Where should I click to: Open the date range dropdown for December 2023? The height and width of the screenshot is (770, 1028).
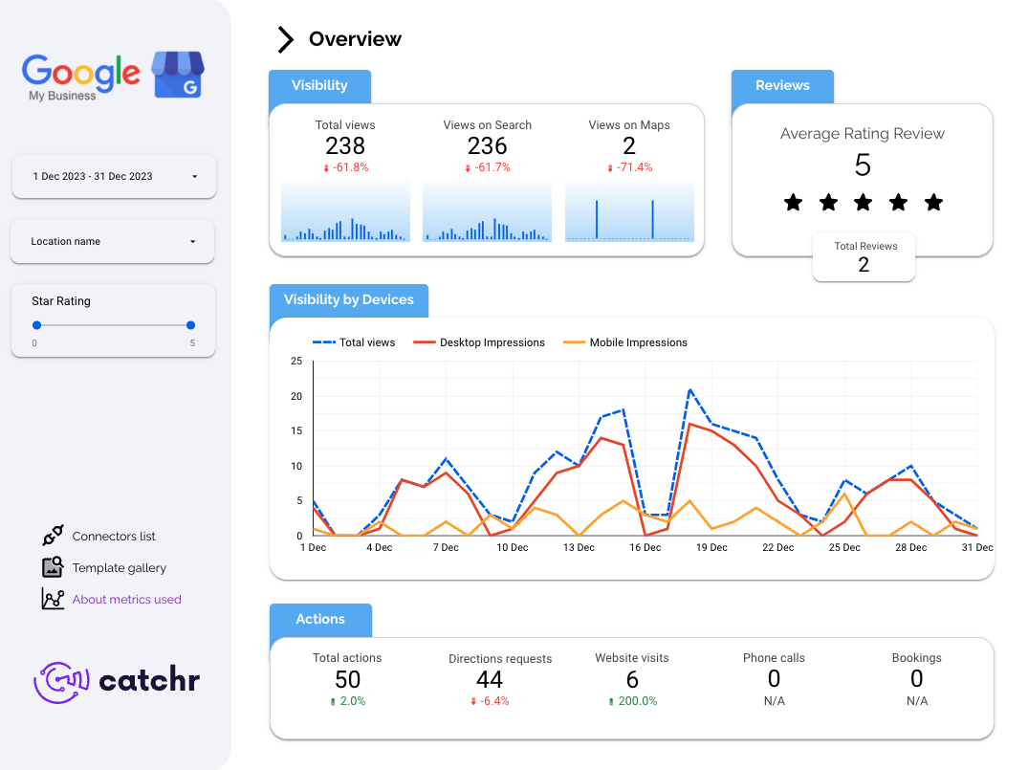tap(114, 177)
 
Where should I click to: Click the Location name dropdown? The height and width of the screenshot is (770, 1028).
tap(112, 242)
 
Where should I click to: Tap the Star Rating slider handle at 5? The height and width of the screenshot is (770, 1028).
tap(190, 325)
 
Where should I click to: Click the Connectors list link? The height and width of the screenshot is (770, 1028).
tap(113, 537)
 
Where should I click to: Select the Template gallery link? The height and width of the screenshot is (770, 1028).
tap(119, 568)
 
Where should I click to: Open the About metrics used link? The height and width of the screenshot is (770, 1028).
tap(126, 600)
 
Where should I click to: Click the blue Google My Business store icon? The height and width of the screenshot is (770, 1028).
tap(178, 75)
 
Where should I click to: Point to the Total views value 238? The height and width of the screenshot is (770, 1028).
tap(345, 145)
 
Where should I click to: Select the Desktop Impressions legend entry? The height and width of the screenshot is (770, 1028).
tap(492, 342)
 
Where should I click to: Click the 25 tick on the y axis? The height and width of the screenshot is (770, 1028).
tap(296, 362)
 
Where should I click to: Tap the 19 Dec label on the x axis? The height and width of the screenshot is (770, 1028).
tap(711, 548)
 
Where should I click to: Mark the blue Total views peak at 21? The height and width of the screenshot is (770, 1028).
tap(689, 389)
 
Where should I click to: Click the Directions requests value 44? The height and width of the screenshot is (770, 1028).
tap(490, 680)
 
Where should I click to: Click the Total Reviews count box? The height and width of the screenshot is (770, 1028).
tap(864, 257)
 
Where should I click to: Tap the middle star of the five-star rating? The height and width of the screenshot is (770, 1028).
tap(863, 203)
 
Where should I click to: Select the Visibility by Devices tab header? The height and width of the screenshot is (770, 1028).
tap(349, 300)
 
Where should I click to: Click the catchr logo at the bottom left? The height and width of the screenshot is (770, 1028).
tap(117, 681)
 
